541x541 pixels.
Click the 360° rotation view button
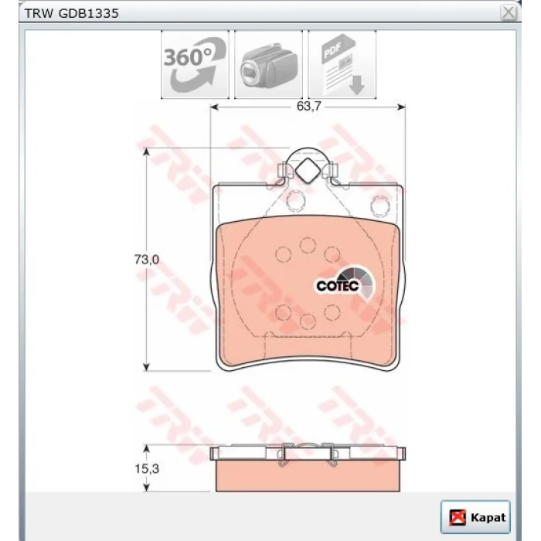[195, 64]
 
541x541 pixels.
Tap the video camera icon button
[268, 64]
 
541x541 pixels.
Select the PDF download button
[342, 64]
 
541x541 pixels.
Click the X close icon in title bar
[509, 13]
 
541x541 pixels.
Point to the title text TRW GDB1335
[71, 13]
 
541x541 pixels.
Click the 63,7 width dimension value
[308, 107]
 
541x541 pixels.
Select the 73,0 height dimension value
[147, 260]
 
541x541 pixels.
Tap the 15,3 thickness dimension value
[147, 469]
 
